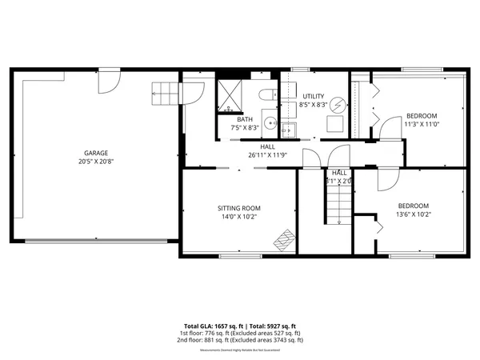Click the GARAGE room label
[x=97, y=153]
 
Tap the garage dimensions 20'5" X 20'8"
[x=97, y=161]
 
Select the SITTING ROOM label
[x=239, y=208]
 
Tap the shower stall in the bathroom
[x=231, y=94]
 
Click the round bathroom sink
[x=270, y=124]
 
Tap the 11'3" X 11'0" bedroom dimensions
[x=421, y=124]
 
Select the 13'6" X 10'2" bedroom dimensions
[x=413, y=214]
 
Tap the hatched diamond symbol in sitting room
[x=283, y=239]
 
